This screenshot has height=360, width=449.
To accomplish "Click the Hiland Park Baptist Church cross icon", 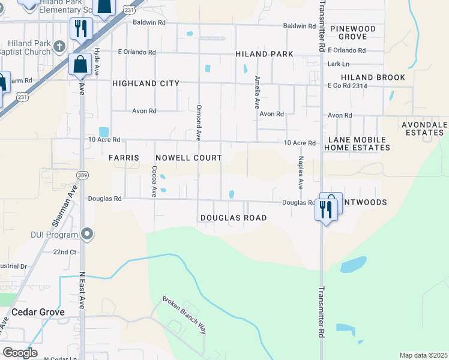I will [59, 46].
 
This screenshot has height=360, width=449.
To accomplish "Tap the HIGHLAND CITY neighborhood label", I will [146, 83].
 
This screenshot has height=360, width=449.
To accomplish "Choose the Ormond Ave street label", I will [197, 122].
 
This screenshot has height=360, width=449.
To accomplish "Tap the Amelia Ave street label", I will [257, 88].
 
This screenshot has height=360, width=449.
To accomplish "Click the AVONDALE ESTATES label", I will [423, 128].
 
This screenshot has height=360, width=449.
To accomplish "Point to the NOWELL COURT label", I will [188, 158].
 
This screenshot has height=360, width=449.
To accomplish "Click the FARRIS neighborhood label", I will [124, 158].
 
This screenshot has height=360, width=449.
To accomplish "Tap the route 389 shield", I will [83, 175].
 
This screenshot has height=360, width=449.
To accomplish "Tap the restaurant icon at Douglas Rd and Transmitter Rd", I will [326, 209].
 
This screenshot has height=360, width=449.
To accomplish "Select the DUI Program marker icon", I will [88, 234].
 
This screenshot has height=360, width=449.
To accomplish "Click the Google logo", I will [20, 353].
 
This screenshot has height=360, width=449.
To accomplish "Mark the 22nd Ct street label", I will [65, 252].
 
